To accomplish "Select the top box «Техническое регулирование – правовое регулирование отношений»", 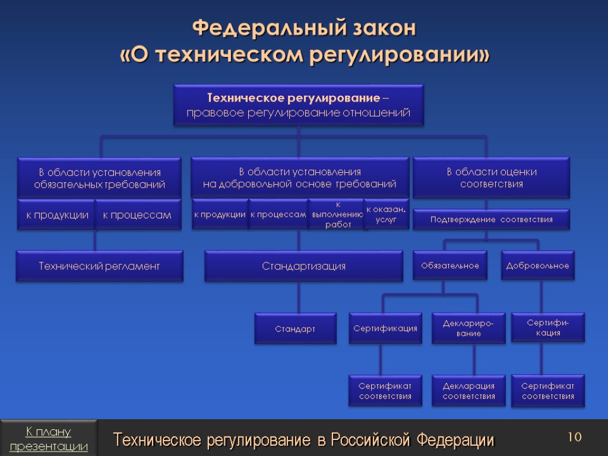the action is click(x=299, y=104).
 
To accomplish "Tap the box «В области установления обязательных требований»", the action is click(x=99, y=178).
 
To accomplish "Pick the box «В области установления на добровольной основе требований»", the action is click(x=299, y=178).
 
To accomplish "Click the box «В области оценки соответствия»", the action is click(x=491, y=178).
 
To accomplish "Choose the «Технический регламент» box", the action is click(x=99, y=266).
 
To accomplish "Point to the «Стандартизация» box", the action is click(x=303, y=266).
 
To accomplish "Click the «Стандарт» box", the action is click(x=295, y=329).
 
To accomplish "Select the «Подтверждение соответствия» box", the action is click(x=491, y=220).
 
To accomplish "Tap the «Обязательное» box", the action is click(x=450, y=265).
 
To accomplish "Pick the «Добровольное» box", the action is click(x=537, y=265).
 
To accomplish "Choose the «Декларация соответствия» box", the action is click(x=468, y=391).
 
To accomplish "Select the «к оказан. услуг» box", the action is click(x=386, y=214).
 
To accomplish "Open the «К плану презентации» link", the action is click(x=49, y=438).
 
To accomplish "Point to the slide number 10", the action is click(x=574, y=438).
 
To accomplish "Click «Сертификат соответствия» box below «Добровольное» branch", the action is click(x=547, y=391).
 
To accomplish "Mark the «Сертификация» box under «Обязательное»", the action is click(x=385, y=328).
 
